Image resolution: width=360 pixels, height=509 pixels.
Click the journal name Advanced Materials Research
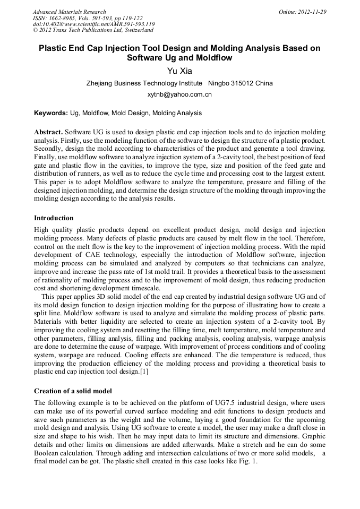tap(69, 12)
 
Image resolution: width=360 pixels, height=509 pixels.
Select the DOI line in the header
tap(93, 24)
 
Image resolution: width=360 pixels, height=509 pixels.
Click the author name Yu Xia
tap(179, 70)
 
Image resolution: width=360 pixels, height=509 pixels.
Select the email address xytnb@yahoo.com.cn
tap(179, 94)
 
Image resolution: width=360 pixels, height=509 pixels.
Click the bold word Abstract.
tap(48, 132)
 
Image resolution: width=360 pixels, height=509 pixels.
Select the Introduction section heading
tap(54, 218)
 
